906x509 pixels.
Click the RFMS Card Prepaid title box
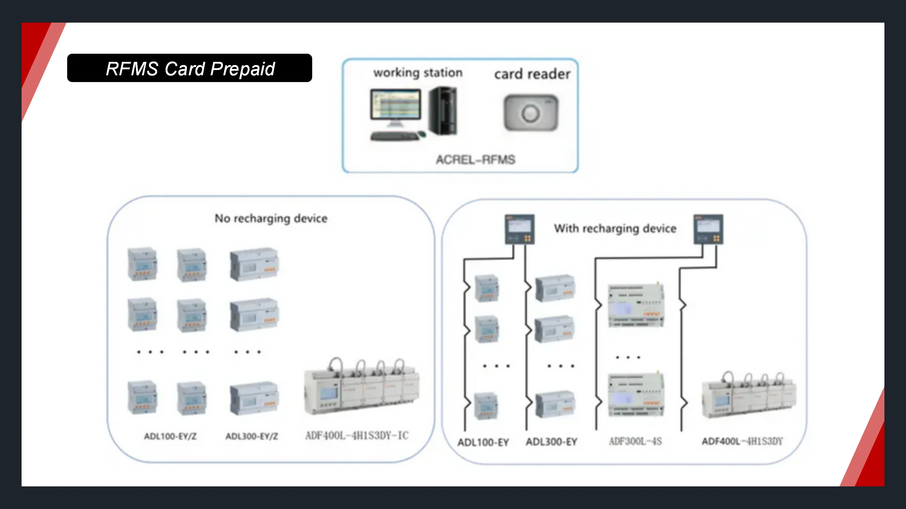tap(190, 68)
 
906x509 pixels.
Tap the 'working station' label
tap(418, 73)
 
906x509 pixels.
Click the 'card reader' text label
tap(532, 74)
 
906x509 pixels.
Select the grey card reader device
tap(531, 113)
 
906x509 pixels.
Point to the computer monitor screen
tap(396, 105)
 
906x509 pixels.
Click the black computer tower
tap(443, 111)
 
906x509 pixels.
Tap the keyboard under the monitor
tap(395, 136)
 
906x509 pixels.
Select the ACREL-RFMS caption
tap(475, 160)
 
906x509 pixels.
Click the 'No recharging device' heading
tap(271, 218)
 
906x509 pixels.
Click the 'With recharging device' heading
tap(615, 229)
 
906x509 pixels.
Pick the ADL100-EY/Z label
tap(170, 437)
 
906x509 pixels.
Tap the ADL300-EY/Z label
tap(252, 437)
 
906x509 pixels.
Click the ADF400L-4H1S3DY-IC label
tap(357, 435)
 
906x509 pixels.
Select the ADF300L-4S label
tap(635, 441)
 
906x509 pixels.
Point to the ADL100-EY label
tap(483, 442)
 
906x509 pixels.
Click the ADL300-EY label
tap(551, 442)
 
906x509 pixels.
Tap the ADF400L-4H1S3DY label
tap(742, 441)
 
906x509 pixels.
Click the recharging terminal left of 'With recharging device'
tap(520, 229)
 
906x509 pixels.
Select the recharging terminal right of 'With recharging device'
tap(708, 229)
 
